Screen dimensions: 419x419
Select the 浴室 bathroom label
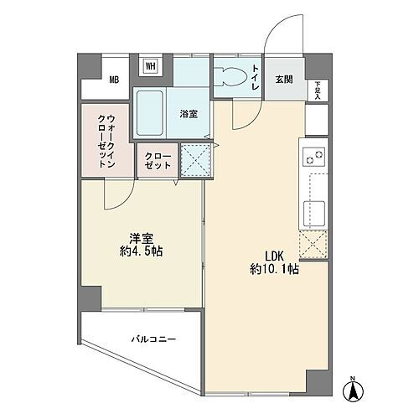tap(188, 114)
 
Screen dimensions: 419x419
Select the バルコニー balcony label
tap(153, 340)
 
